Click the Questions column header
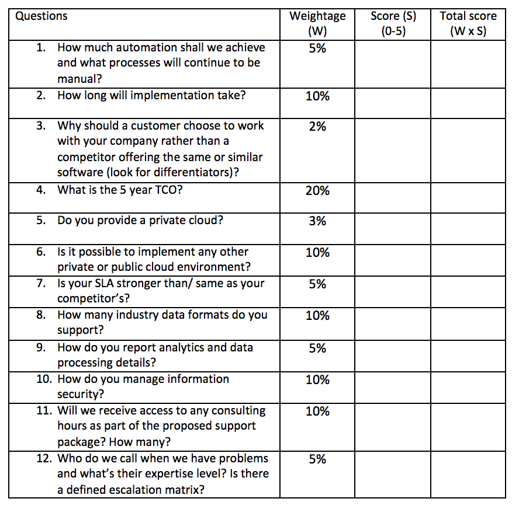41,16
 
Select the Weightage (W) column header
317,23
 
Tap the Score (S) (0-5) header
393,23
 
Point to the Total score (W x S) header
468,23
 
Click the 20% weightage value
317,190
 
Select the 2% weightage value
317,126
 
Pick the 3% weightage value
317,221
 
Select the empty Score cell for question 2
393,102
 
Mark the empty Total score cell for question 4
468,197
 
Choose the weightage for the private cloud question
317,221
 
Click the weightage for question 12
317,459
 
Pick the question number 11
44,410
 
